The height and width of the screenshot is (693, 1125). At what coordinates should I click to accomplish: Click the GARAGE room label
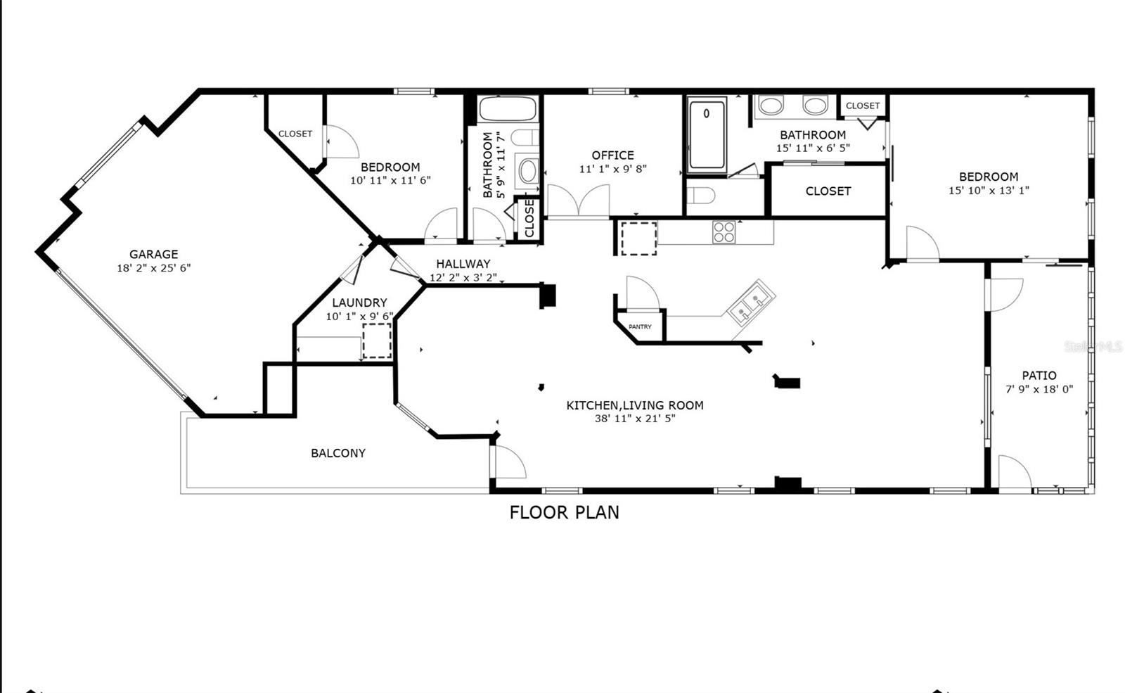(x=153, y=254)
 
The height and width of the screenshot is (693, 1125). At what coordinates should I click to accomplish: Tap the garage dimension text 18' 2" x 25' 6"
(x=153, y=268)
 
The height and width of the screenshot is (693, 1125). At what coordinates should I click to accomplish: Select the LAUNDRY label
(x=359, y=303)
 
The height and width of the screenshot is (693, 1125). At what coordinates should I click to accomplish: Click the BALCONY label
(x=338, y=453)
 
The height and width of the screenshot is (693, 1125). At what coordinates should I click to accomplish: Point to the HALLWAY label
(x=463, y=264)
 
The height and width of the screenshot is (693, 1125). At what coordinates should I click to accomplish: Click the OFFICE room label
(x=612, y=155)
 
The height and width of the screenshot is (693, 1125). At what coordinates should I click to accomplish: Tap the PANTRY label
(x=640, y=327)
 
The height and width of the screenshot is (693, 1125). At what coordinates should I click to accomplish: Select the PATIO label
(x=1039, y=376)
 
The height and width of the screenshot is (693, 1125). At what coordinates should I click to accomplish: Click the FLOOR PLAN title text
(x=564, y=512)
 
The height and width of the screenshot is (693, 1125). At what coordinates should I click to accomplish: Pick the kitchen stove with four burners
(x=724, y=232)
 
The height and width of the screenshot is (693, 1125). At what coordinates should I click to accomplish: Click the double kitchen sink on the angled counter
(x=751, y=302)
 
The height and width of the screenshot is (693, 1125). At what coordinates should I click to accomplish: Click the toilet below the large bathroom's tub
(x=700, y=195)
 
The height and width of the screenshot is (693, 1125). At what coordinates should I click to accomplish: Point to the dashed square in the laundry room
(x=377, y=341)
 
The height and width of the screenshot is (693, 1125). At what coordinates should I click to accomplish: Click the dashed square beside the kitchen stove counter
(x=638, y=239)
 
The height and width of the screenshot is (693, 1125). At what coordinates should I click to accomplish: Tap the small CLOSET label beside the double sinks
(x=863, y=106)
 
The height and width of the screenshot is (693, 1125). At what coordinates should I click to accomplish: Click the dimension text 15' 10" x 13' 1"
(x=989, y=191)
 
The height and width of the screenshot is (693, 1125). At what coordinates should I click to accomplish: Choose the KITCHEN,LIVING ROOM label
(x=634, y=405)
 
